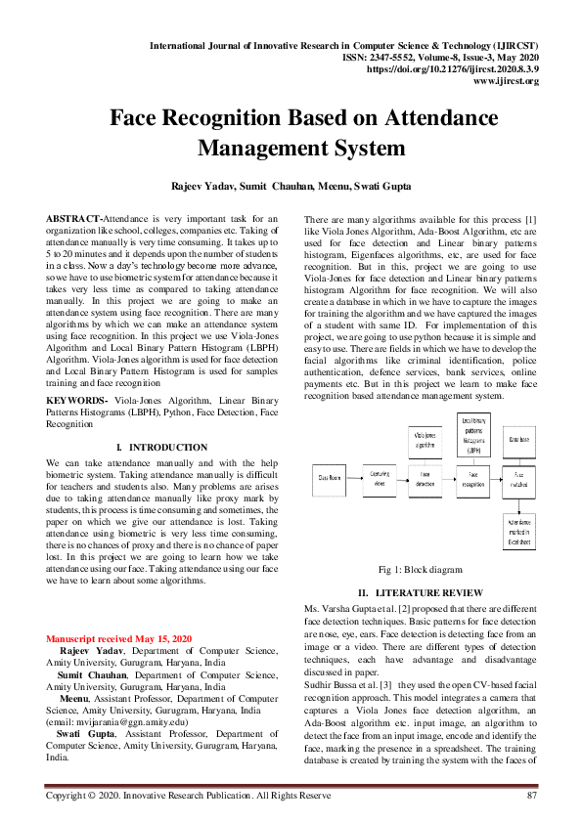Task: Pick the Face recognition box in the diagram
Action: pyautogui.click(x=473, y=478)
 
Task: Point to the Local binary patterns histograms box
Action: pyautogui.click(x=473, y=436)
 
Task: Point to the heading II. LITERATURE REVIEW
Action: pyautogui.click(x=420, y=592)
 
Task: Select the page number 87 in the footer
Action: pyautogui.click(x=532, y=796)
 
